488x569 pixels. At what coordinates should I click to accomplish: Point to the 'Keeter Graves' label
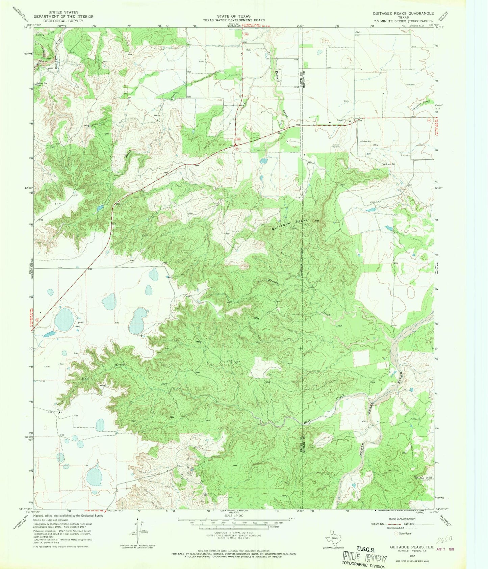pyautogui.click(x=336, y=146)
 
